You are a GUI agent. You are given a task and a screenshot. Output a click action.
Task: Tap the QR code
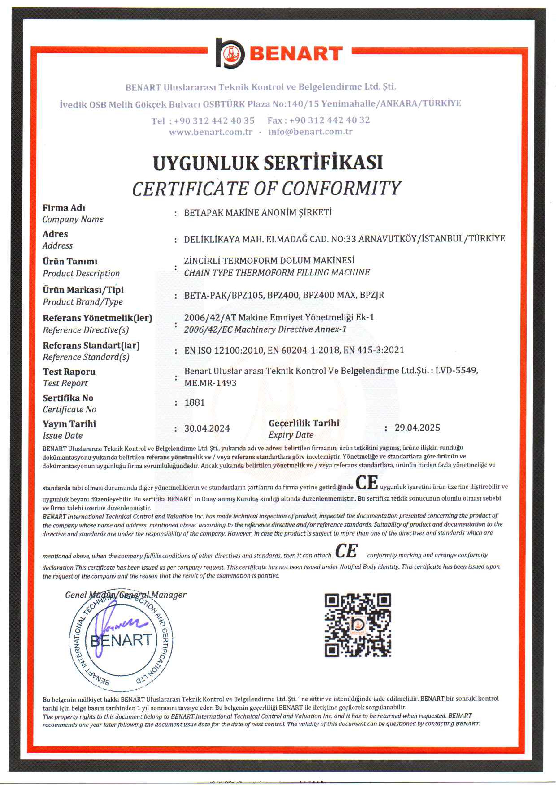(x=358, y=625)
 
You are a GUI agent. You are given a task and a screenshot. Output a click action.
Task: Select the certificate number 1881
(x=194, y=403)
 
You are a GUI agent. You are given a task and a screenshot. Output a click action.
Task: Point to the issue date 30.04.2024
(x=207, y=429)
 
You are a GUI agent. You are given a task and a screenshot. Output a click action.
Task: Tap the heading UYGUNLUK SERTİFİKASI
(x=268, y=163)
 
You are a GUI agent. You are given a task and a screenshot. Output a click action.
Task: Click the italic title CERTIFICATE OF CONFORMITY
(x=266, y=189)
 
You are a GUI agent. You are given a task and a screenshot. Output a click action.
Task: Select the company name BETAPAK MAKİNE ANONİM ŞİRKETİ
(x=258, y=213)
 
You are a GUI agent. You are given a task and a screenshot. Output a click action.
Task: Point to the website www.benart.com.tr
(x=211, y=132)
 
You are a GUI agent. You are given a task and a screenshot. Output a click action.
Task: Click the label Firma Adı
(x=64, y=208)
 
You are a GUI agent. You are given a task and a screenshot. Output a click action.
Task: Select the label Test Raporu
(x=69, y=372)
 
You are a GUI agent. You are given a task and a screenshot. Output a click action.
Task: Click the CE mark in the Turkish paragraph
(x=367, y=483)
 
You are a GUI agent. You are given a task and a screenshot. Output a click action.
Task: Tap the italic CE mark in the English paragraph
(x=346, y=551)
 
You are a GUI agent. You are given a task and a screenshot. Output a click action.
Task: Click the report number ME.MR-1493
(x=210, y=383)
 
